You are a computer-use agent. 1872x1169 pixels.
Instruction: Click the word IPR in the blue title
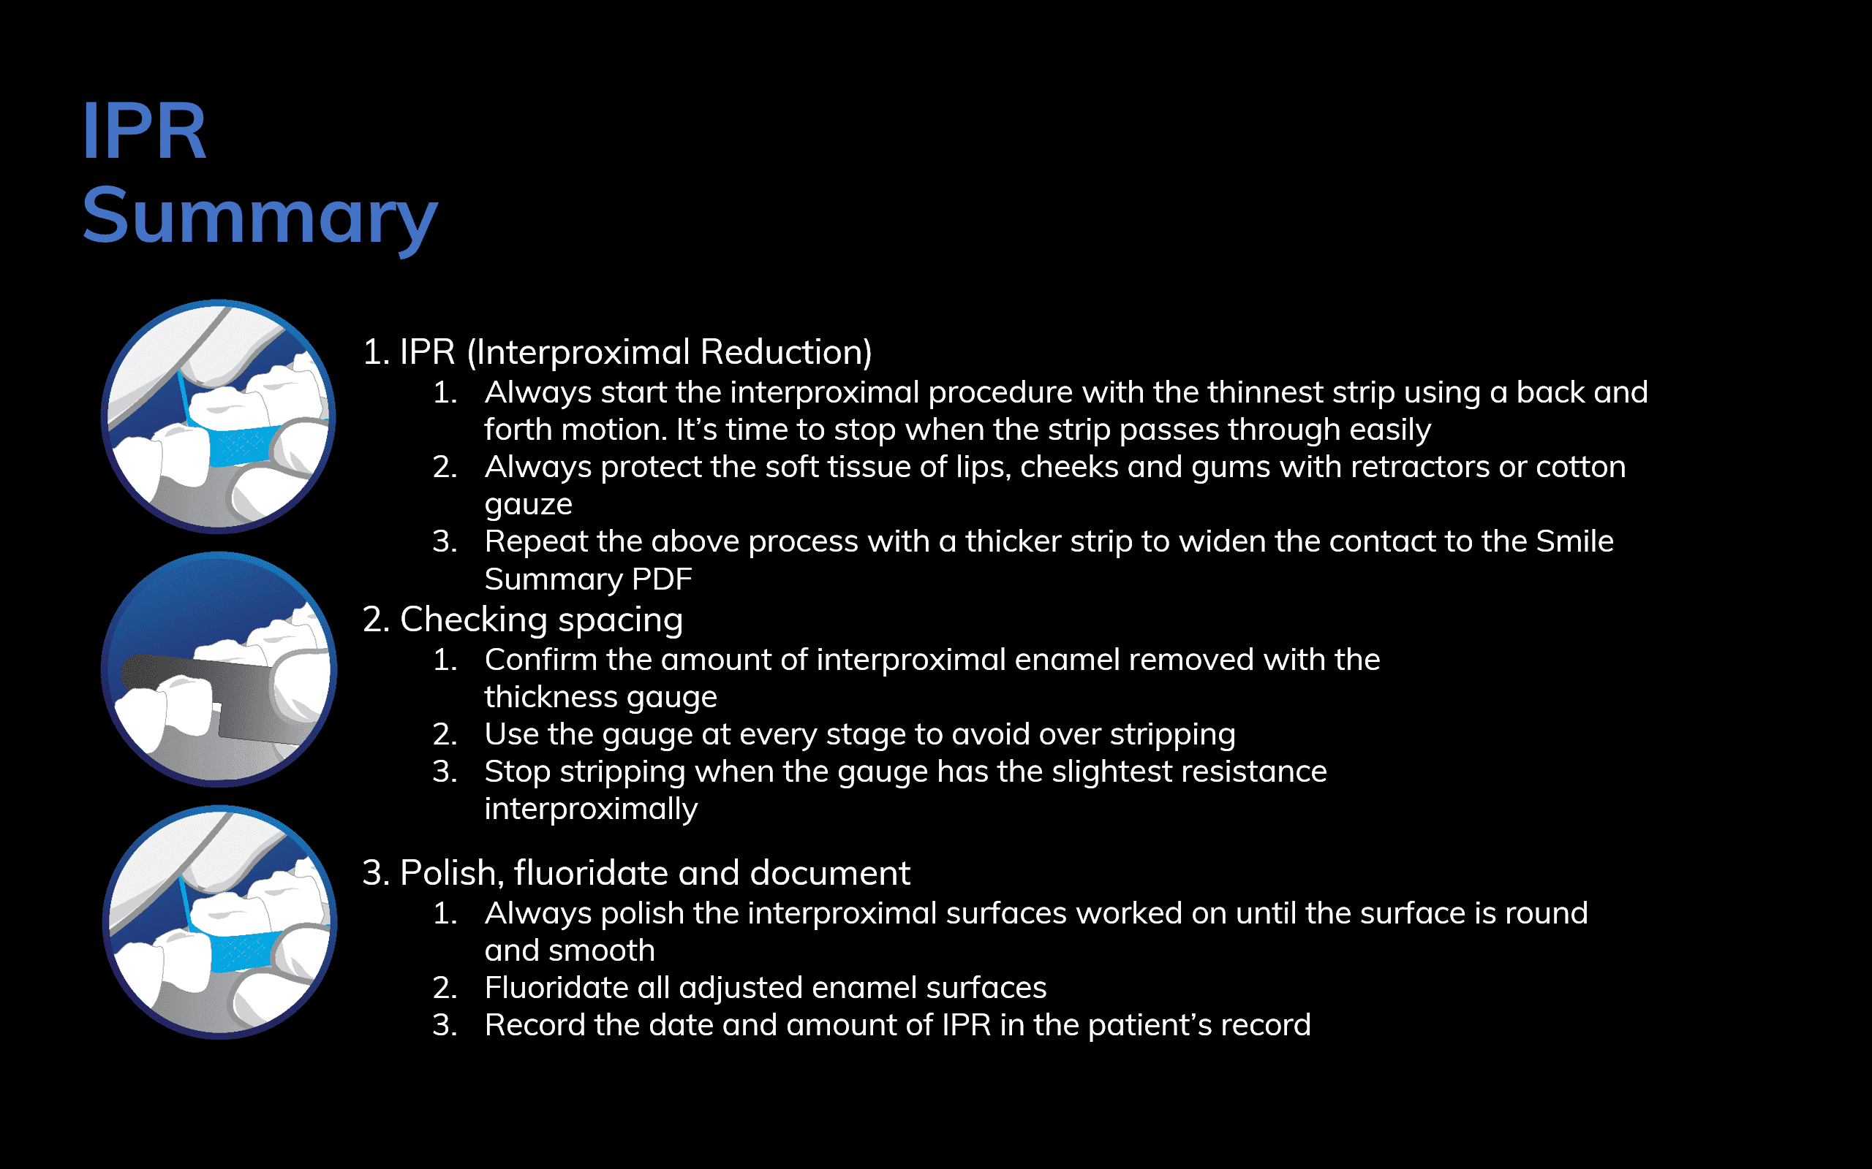(x=145, y=131)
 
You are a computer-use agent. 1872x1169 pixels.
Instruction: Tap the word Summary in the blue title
(x=260, y=217)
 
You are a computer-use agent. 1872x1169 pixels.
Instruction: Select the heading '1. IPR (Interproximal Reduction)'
(x=617, y=353)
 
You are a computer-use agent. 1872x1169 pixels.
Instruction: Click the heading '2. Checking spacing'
(x=523, y=620)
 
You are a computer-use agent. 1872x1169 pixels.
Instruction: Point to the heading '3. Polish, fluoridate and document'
(x=637, y=873)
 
